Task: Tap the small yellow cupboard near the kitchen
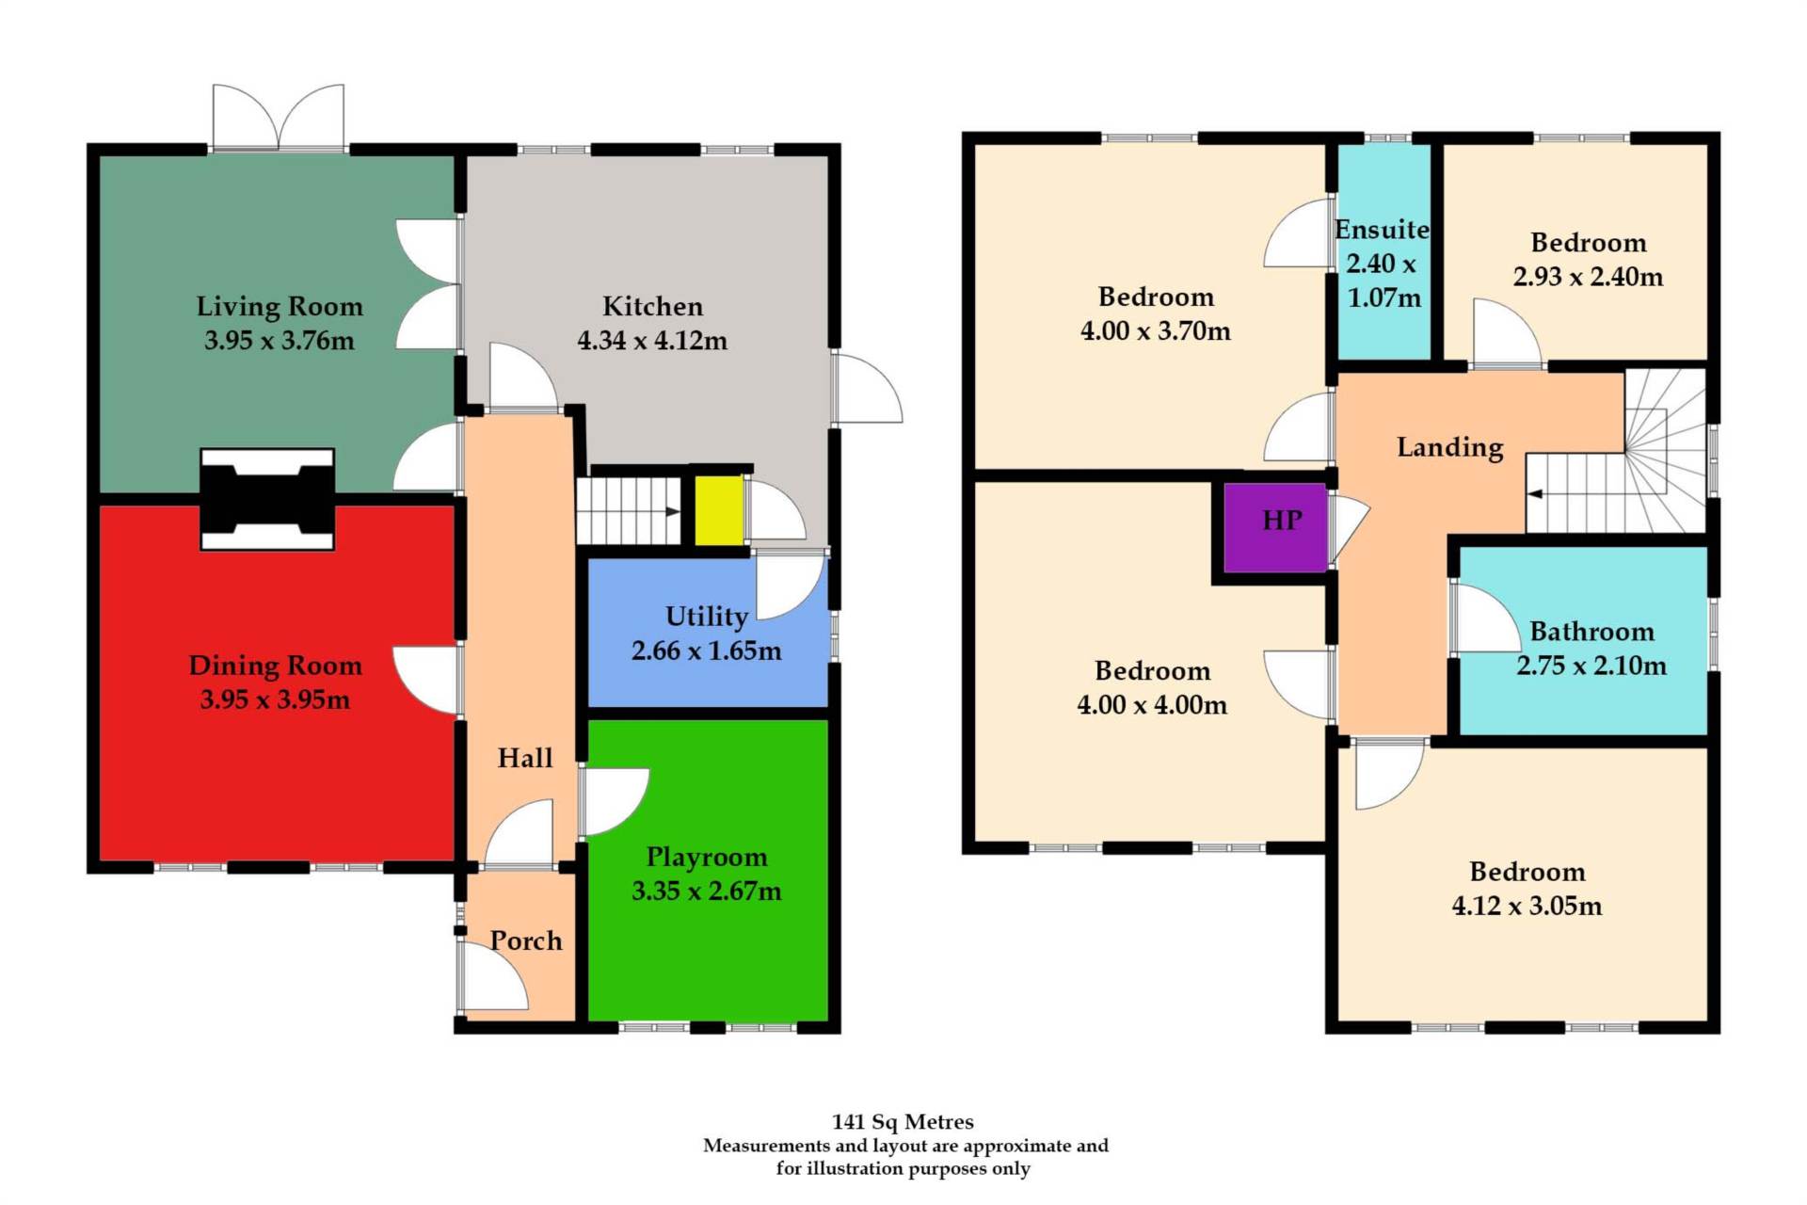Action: [719, 510]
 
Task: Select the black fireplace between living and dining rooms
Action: [267, 498]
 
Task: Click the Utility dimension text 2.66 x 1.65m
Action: [706, 651]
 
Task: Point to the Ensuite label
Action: [1382, 230]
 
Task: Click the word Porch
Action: [526, 940]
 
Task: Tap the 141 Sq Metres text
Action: [903, 1121]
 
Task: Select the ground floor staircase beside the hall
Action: [628, 511]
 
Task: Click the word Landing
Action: [1449, 447]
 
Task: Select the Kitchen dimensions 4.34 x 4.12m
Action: [652, 340]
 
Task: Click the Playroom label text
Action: [707, 857]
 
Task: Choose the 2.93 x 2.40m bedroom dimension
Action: [1588, 277]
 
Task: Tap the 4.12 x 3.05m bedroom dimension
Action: [1527, 906]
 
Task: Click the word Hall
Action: [524, 758]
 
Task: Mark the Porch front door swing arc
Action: [493, 977]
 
